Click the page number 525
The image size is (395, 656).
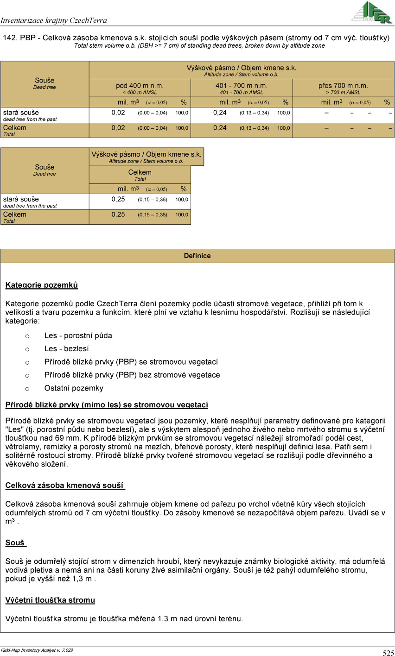[388, 653]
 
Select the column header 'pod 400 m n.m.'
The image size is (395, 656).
[140, 86]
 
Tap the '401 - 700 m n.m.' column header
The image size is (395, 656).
[241, 86]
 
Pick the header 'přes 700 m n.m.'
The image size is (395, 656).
[343, 86]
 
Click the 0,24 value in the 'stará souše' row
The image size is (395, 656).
[220, 113]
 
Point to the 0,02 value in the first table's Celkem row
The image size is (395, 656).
[118, 128]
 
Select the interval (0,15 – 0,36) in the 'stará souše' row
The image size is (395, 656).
[153, 200]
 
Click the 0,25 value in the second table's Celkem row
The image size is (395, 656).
[118, 214]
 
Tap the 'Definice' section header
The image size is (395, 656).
[197, 256]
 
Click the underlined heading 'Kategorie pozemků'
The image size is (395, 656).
[42, 285]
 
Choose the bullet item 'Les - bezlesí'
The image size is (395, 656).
[66, 349]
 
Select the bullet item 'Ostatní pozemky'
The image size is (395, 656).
[74, 388]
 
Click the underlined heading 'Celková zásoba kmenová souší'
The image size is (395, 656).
[65, 486]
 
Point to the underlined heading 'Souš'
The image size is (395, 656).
[15, 542]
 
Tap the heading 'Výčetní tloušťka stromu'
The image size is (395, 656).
[50, 600]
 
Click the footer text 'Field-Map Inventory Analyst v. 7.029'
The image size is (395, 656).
[37, 650]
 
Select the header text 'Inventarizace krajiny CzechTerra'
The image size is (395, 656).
[54, 20]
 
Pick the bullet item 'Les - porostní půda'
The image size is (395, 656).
[78, 335]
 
